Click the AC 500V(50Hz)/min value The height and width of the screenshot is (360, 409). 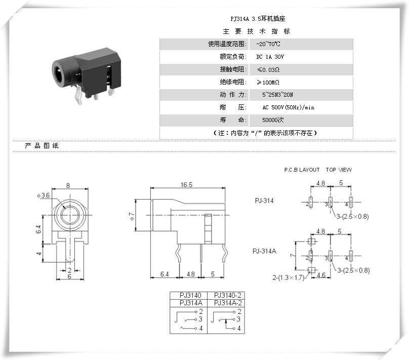click(x=289, y=107)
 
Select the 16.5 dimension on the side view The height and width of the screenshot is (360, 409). click(x=187, y=185)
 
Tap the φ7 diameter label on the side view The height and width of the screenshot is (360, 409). click(x=132, y=216)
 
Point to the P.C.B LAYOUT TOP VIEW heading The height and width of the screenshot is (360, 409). click(x=317, y=170)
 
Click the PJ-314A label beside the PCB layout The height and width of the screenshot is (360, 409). click(x=265, y=251)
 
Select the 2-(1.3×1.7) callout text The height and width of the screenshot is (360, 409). click(x=288, y=278)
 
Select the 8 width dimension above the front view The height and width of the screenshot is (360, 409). click(x=68, y=185)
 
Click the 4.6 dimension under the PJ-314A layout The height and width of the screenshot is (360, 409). click(x=321, y=275)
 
